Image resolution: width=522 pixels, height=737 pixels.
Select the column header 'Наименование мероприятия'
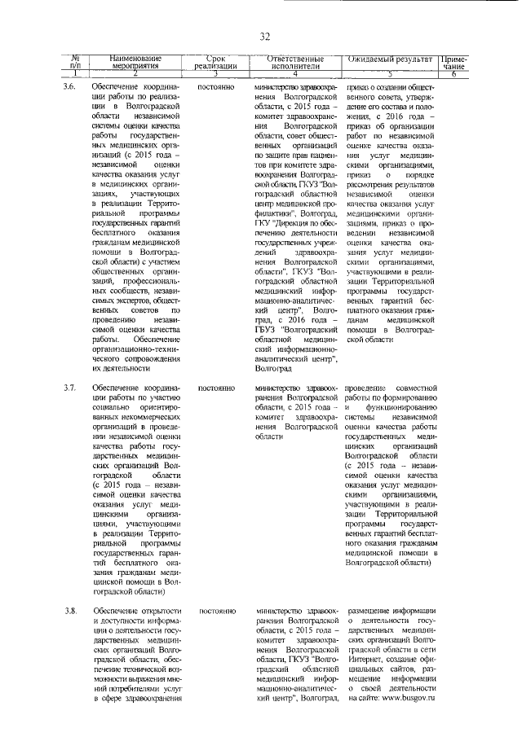coord(136,62)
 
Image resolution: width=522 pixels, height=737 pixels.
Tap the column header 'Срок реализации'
coord(216,62)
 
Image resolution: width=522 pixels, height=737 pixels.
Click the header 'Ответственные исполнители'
coord(295,62)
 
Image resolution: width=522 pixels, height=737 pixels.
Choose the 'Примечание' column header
coord(453,62)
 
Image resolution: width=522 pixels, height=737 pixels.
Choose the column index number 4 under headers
coord(295,73)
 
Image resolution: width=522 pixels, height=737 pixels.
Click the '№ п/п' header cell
coord(75,62)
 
